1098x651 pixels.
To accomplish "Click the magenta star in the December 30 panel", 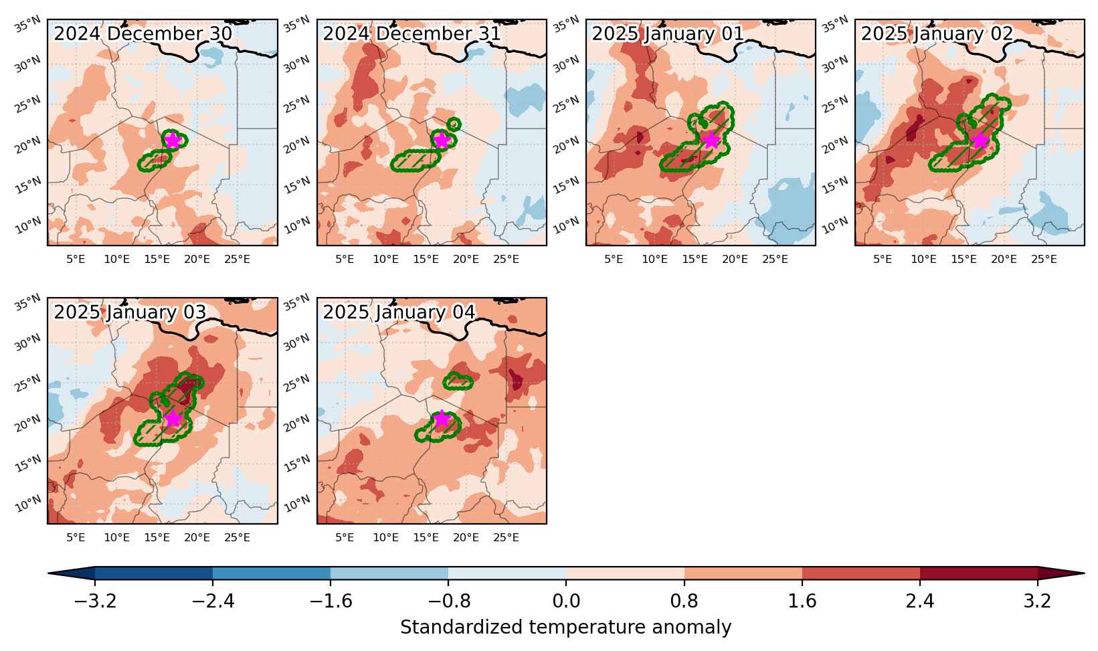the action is coord(173,141).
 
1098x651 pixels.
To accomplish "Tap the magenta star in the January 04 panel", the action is coord(442,419).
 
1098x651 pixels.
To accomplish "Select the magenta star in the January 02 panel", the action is coord(980,141).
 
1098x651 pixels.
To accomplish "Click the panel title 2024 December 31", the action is coord(411,34).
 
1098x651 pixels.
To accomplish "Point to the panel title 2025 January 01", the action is coord(668,34).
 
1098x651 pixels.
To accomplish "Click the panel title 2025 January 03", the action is coord(130,312).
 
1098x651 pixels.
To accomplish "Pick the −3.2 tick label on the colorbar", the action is coord(95,601).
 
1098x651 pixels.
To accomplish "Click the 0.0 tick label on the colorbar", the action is coord(566,601).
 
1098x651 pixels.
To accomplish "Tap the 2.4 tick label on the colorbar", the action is coord(920,601).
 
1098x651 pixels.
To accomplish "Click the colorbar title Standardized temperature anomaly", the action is coord(565,628).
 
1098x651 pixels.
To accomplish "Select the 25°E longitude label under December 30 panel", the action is coord(238,260).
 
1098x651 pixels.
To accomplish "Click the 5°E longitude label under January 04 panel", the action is coord(345,538).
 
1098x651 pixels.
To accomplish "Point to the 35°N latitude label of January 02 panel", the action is coord(835,24).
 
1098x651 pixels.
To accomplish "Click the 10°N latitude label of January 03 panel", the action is coord(28,504).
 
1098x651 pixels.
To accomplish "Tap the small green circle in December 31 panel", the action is coord(454,124).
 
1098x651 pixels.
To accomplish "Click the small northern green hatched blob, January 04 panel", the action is coord(458,381).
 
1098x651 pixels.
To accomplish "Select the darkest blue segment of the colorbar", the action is coord(153,573).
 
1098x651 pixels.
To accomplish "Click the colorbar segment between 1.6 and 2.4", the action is coord(861,573).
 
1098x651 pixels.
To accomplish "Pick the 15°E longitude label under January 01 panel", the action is coord(695,260).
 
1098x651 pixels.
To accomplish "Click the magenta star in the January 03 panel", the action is coord(173,419).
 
